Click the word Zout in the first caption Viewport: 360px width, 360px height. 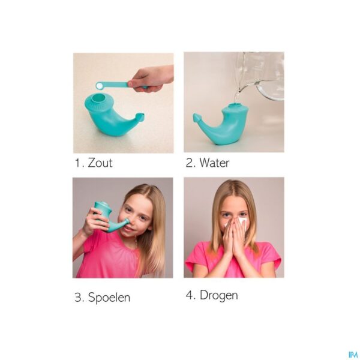click(100, 163)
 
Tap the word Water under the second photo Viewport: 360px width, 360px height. click(214, 163)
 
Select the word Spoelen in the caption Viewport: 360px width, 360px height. click(109, 297)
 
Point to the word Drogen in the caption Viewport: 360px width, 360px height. click(218, 295)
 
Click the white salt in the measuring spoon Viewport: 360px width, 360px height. click(100, 86)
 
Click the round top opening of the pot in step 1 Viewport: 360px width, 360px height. click(99, 98)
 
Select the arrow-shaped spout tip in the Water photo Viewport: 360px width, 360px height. click(197, 119)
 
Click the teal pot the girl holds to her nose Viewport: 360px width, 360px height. click(109, 216)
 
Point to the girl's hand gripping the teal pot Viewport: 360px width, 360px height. click(95, 221)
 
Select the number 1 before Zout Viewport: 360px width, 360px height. click(78, 163)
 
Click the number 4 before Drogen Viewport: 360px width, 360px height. click(190, 295)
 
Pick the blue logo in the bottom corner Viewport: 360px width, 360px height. click(353, 355)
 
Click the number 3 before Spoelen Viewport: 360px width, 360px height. click(79, 297)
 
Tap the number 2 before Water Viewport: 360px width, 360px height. click(190, 163)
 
